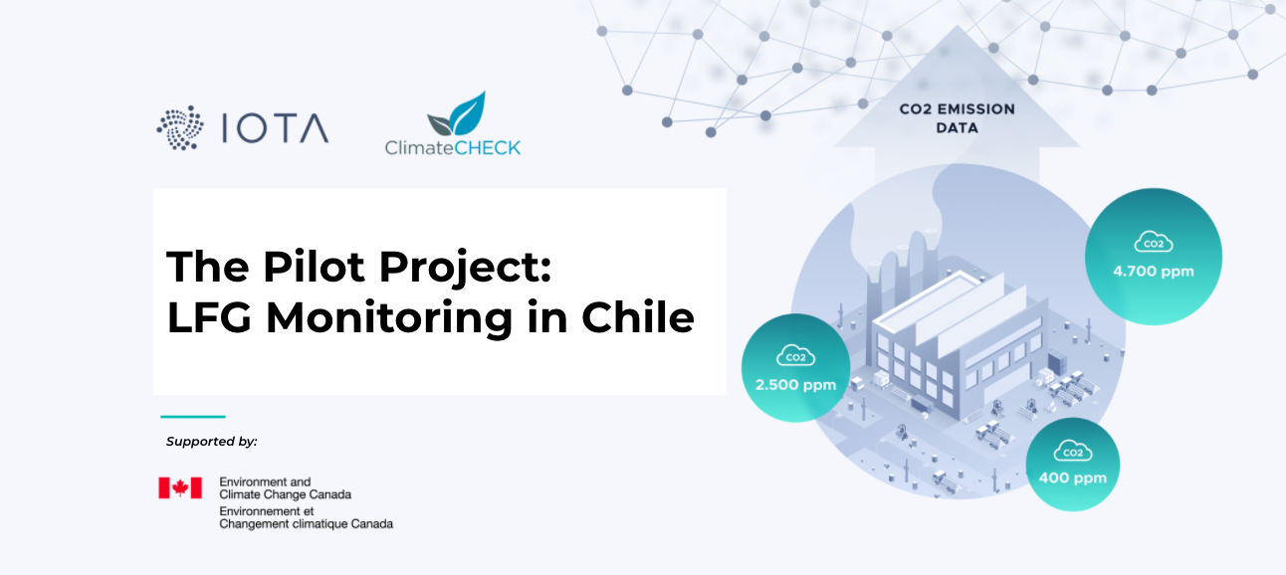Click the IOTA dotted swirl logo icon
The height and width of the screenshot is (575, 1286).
(180, 127)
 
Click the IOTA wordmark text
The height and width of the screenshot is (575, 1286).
(275, 128)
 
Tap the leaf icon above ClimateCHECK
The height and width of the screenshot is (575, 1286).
(457, 113)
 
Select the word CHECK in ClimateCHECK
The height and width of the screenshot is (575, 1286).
(487, 148)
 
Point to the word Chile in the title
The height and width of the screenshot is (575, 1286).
(638, 316)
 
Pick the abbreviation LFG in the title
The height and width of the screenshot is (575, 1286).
(209, 316)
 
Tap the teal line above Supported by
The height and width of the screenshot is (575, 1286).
(193, 416)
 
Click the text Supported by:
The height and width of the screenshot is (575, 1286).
(212, 442)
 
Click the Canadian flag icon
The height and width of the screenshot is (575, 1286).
(180, 487)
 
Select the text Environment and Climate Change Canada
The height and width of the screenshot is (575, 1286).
(286, 488)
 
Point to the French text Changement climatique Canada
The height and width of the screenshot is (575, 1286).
(306, 524)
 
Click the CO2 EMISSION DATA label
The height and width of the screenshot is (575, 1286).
(958, 118)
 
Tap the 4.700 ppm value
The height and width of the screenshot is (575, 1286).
(1154, 272)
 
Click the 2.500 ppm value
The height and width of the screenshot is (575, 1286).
(795, 385)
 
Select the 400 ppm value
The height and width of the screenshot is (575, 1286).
(1072, 479)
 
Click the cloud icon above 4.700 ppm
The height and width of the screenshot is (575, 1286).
(1154, 242)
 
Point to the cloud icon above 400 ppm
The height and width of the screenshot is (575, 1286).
(1073, 451)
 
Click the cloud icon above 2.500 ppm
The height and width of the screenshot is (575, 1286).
(795, 355)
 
